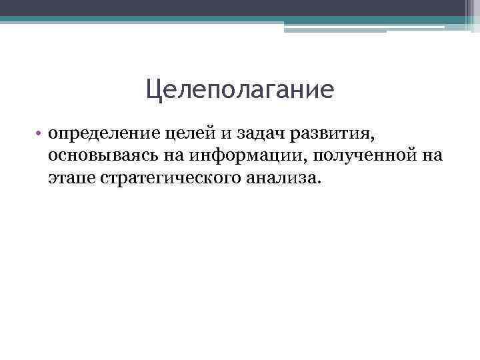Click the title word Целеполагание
coord(239,89)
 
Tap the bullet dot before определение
coord(40,134)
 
